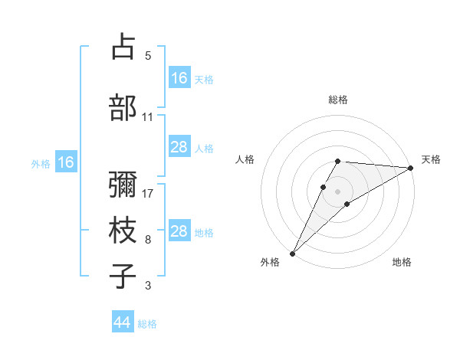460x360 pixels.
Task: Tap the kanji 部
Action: click(123, 106)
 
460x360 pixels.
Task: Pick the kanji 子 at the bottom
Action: click(123, 275)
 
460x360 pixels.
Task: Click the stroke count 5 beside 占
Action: click(147, 56)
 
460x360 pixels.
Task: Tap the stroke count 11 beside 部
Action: click(147, 117)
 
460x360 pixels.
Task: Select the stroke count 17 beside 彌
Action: click(148, 194)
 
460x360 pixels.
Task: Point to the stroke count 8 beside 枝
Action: click(147, 240)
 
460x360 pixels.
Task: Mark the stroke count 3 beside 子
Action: click(147, 286)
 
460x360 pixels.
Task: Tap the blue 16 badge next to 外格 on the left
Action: click(65, 162)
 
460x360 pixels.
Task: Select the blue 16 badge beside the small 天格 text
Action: click(179, 78)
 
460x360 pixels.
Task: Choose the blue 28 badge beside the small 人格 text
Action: click(179, 147)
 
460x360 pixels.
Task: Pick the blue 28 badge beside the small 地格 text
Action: click(179, 231)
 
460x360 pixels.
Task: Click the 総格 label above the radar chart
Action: click(338, 100)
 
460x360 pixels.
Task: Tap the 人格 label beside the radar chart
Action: click(245, 159)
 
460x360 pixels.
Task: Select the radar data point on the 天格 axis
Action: click(411, 169)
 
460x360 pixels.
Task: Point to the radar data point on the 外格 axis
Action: click(292, 253)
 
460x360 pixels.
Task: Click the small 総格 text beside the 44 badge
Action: click(147, 324)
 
